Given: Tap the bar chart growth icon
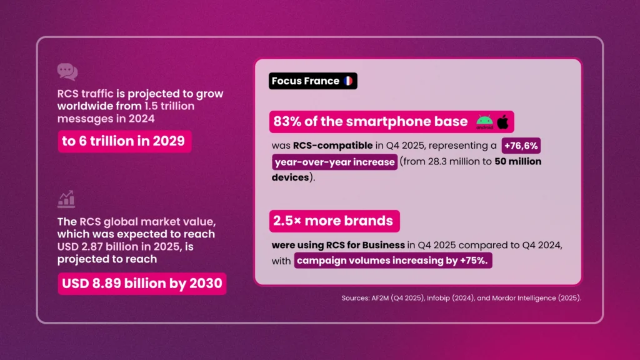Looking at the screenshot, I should point(66,199).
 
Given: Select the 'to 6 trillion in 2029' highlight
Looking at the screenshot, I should point(124,141).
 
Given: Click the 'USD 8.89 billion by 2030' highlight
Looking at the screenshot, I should point(142,284).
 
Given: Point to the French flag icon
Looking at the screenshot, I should point(349,81).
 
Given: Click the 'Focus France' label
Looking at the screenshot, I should point(306,81).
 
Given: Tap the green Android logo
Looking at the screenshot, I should point(484,122).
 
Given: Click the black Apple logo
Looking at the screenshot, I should point(502,121).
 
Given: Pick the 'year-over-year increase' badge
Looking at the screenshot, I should point(334,162).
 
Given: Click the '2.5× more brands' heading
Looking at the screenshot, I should point(334,221).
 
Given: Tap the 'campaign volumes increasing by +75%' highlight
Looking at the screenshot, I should point(393,261).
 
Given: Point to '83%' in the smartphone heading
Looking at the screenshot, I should point(288,121).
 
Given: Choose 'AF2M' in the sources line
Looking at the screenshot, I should point(380,298).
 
